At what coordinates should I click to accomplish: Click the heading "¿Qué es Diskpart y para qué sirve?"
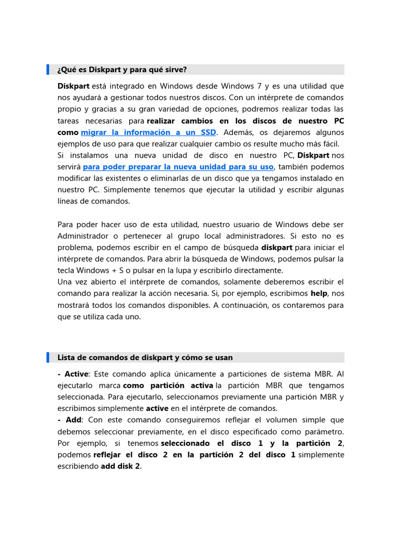[x=122, y=70]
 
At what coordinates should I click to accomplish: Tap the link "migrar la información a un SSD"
[x=148, y=132]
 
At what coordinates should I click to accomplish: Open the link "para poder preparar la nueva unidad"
[x=178, y=167]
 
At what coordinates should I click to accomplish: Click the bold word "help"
[x=319, y=294]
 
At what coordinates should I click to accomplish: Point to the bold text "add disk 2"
[x=120, y=466]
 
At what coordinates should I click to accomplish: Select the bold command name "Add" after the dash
[x=74, y=420]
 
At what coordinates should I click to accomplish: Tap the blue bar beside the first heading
[x=48, y=70]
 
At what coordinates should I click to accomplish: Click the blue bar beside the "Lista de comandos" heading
[x=48, y=358]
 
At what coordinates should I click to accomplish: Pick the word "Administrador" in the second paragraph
[x=82, y=236]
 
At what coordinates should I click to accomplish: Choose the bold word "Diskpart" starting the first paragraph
[x=73, y=86]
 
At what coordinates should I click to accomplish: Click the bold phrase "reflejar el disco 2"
[x=131, y=455]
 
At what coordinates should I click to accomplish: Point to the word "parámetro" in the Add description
[x=325, y=432]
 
